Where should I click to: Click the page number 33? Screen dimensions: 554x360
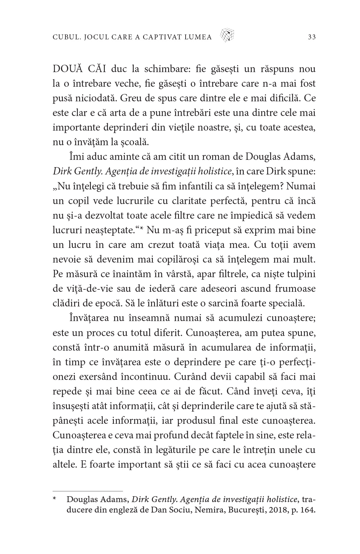tap(312, 37)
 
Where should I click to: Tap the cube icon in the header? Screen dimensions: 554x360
tap(227, 35)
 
